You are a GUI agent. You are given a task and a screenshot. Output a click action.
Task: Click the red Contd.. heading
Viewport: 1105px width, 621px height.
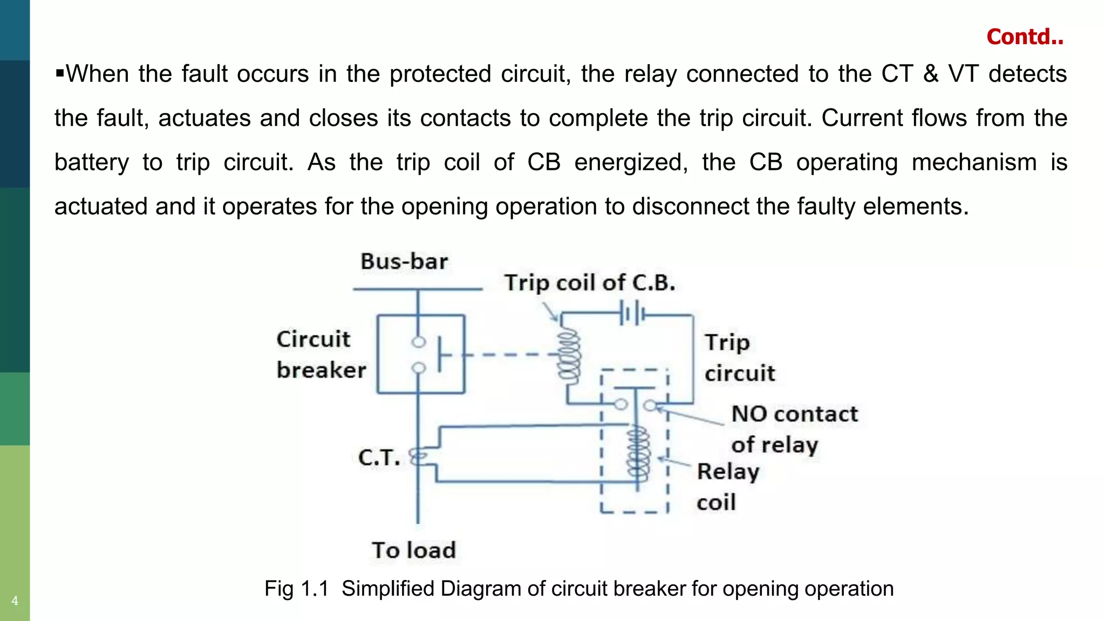pyautogui.click(x=1025, y=37)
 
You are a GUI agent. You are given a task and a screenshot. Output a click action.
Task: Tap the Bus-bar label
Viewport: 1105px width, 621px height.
pyautogui.click(x=404, y=261)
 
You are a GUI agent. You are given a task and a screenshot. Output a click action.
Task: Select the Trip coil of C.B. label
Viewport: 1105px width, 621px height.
pyautogui.click(x=590, y=283)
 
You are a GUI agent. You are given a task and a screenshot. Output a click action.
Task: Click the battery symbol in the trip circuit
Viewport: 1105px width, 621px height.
pyautogui.click(x=632, y=313)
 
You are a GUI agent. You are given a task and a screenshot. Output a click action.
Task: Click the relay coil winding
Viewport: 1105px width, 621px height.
pyautogui.click(x=638, y=453)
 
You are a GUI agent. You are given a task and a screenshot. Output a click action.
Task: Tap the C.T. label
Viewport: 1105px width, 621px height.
pyautogui.click(x=379, y=458)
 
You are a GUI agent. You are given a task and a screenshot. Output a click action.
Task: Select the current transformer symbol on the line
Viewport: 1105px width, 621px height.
pyautogui.click(x=418, y=457)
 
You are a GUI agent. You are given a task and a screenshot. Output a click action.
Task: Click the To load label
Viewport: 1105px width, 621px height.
pyautogui.click(x=414, y=550)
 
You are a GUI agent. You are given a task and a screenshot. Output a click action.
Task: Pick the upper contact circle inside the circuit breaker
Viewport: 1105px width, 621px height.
pyautogui.click(x=419, y=342)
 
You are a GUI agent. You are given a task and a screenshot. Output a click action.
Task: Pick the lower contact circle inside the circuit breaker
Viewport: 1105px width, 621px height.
pyautogui.click(x=419, y=368)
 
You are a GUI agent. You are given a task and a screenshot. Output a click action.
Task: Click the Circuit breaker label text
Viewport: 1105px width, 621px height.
pyautogui.click(x=320, y=355)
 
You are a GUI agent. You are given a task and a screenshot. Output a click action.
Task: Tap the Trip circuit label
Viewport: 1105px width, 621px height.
pyautogui.click(x=739, y=357)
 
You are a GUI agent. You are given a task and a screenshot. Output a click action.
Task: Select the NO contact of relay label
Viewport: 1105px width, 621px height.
pyautogui.click(x=794, y=429)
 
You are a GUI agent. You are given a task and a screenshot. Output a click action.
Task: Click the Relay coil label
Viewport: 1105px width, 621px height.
pyautogui.click(x=727, y=486)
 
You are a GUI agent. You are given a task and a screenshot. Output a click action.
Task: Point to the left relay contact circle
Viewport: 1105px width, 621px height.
pyautogui.click(x=621, y=404)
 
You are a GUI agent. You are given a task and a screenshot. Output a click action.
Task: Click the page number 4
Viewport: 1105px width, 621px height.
pyautogui.click(x=15, y=601)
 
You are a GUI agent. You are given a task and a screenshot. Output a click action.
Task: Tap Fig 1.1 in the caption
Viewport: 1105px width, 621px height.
pyautogui.click(x=296, y=589)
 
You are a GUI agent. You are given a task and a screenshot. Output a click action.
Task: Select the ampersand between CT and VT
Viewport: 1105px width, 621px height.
pyautogui.click(x=930, y=74)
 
